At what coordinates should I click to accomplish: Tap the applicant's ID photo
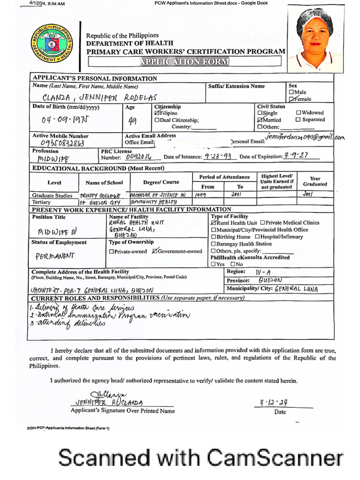[315, 39]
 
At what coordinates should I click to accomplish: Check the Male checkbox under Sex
[291, 93]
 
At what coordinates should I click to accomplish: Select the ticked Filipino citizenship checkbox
[157, 113]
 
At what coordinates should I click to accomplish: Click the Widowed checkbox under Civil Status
[299, 113]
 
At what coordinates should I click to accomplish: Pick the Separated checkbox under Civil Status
[299, 120]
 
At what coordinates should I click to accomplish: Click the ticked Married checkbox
[260, 120]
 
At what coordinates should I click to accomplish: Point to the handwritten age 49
[133, 121]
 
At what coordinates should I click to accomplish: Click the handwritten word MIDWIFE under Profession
[52, 159]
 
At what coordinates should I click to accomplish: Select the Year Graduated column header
[315, 181]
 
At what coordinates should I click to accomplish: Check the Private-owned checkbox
[111, 252]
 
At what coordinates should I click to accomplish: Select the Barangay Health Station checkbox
[214, 244]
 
